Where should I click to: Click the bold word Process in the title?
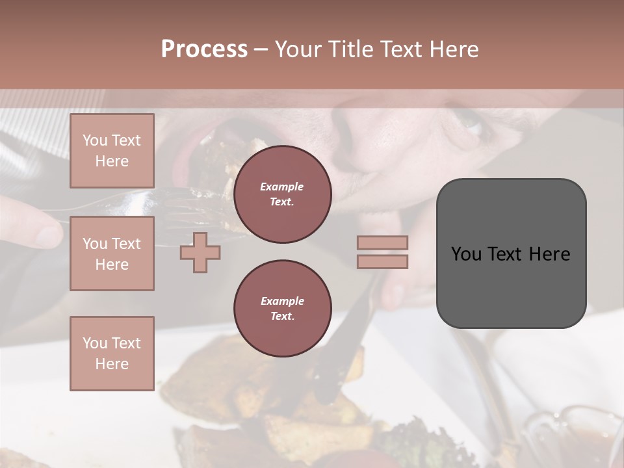(204, 49)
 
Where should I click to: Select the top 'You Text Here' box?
(112, 151)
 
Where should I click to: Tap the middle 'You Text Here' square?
(112, 253)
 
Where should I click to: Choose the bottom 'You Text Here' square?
(112, 354)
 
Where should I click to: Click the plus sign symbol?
(200, 252)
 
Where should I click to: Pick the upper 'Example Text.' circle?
(282, 194)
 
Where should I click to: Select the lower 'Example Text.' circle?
(282, 309)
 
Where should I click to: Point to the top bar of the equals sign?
(382, 242)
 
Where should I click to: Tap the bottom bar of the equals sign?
(382, 261)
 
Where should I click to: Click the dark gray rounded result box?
(511, 253)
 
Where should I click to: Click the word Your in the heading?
(298, 49)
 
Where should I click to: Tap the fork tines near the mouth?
(188, 195)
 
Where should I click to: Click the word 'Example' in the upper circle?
(282, 187)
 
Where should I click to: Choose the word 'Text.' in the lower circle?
(282, 317)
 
